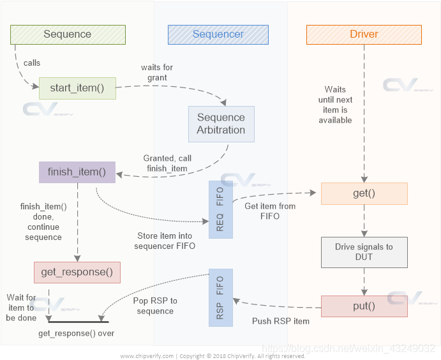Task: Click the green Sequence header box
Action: tap(68, 34)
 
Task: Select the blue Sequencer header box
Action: tap(218, 34)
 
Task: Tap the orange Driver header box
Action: tap(364, 34)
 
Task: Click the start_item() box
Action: tap(77, 88)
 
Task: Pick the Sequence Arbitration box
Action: tap(221, 124)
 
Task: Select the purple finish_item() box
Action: tap(77, 172)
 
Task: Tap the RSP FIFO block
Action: tap(221, 298)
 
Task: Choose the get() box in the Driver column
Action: tap(364, 193)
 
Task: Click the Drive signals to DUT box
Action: tap(364, 251)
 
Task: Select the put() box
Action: tap(364, 306)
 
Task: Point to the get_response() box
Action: tap(77, 273)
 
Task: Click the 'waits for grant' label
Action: tap(157, 73)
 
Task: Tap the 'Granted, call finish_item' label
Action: tap(167, 163)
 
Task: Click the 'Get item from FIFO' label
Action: tap(270, 211)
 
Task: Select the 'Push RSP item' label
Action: tap(281, 321)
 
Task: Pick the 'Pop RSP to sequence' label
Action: tap(155, 306)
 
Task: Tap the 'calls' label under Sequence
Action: tap(33, 63)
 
